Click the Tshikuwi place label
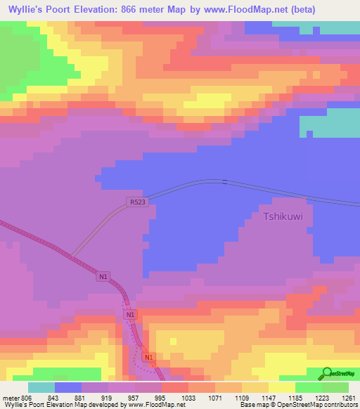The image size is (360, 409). coord(283,216)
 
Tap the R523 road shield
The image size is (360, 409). coord(137,202)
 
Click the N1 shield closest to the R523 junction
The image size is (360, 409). coord(103,278)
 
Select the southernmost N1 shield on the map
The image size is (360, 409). coord(148,358)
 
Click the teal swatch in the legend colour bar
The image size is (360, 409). coord(41,387)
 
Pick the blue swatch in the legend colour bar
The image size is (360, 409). coord(68,387)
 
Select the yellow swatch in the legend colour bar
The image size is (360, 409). coord(282,387)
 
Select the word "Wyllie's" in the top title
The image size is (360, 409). coord(27,10)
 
